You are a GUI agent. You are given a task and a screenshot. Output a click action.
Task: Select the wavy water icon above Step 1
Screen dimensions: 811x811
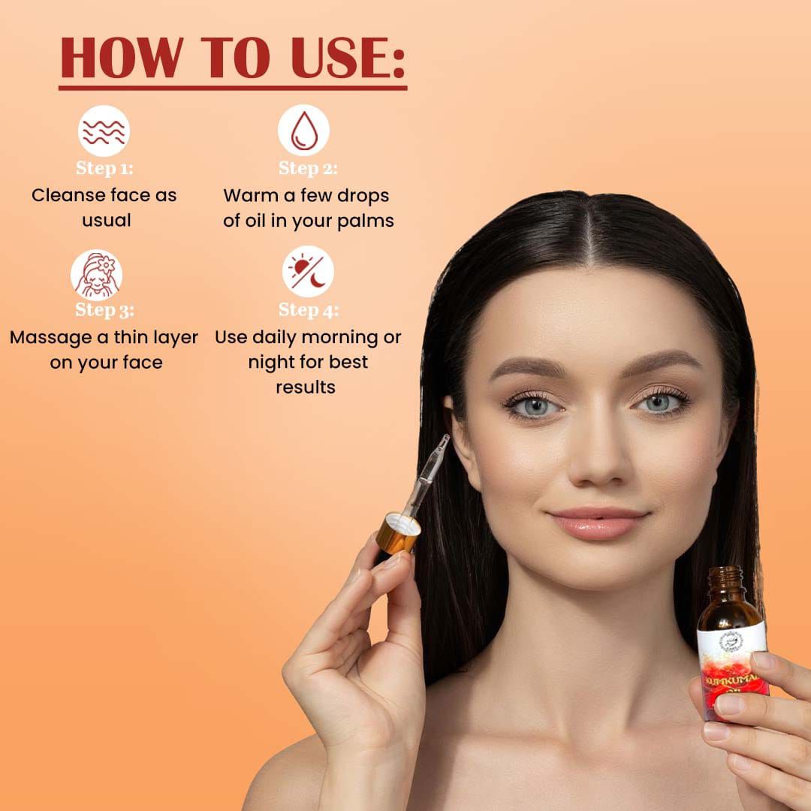(104, 131)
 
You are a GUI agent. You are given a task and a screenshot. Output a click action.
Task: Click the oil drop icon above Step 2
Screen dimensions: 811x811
(303, 131)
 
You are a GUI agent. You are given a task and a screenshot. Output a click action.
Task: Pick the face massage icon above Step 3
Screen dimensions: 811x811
(97, 274)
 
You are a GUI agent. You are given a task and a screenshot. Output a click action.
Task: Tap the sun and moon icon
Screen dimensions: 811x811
(309, 272)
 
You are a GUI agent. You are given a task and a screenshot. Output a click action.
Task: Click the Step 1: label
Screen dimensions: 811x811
(104, 168)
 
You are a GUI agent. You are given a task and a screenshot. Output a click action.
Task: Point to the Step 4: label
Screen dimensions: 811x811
(309, 310)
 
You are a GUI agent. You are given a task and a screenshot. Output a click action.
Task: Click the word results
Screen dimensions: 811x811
(306, 387)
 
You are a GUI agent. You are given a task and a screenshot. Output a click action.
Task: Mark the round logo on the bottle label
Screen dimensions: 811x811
(731, 641)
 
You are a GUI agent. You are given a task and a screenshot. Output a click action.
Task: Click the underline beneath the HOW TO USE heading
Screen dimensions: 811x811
(233, 89)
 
